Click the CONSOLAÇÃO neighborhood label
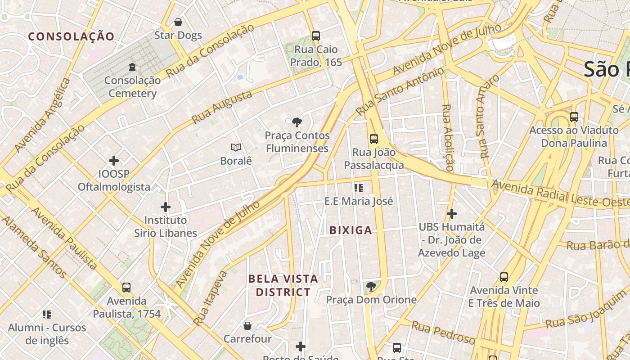[71, 37]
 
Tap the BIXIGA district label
[351, 230]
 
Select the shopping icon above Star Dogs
[178, 22]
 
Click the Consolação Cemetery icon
[132, 67]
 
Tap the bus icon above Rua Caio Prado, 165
[316, 36]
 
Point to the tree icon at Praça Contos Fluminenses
[296, 122]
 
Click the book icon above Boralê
[236, 147]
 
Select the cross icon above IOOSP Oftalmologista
[114, 161]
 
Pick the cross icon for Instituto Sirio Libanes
[166, 207]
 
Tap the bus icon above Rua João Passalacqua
[374, 139]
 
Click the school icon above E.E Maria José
[359, 188]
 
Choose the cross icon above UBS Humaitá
[452, 214]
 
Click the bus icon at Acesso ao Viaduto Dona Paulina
[574, 117]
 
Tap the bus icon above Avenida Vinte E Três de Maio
[504, 277]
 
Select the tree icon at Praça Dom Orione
[371, 286]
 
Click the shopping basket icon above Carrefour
[247, 325]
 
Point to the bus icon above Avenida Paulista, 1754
[126, 287]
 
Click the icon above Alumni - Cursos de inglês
[47, 314]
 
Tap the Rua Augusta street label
[222, 107]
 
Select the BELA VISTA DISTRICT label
[283, 285]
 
